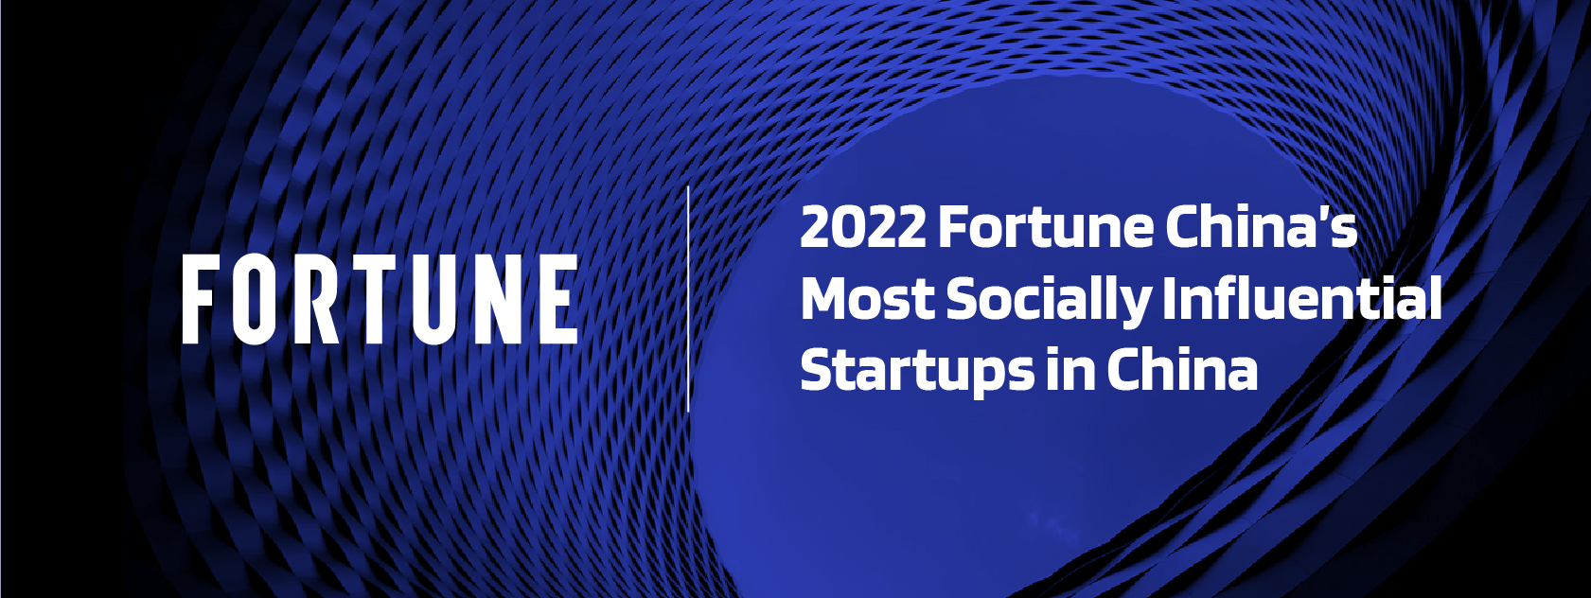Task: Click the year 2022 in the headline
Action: tap(863, 226)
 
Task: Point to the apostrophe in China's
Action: tap(1325, 214)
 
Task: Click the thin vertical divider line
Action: tap(689, 298)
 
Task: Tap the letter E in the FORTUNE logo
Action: tap(560, 299)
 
